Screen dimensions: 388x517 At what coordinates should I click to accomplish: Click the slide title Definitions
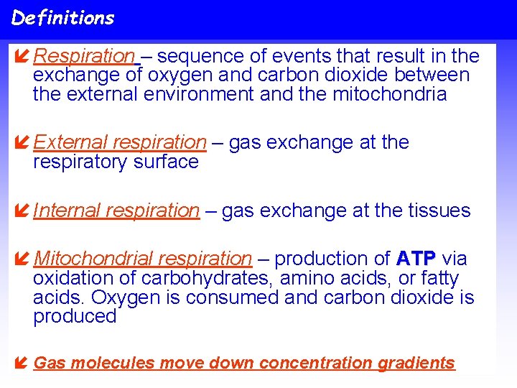click(62, 18)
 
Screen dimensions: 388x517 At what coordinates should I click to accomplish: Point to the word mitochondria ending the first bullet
click(390, 94)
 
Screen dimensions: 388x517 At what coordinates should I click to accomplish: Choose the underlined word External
click(70, 142)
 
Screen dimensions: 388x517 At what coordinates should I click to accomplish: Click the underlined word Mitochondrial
click(93, 259)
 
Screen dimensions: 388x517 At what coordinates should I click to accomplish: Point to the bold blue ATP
click(414, 259)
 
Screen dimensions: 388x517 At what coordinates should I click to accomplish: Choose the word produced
click(75, 317)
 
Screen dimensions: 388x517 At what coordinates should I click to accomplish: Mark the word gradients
click(419, 364)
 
